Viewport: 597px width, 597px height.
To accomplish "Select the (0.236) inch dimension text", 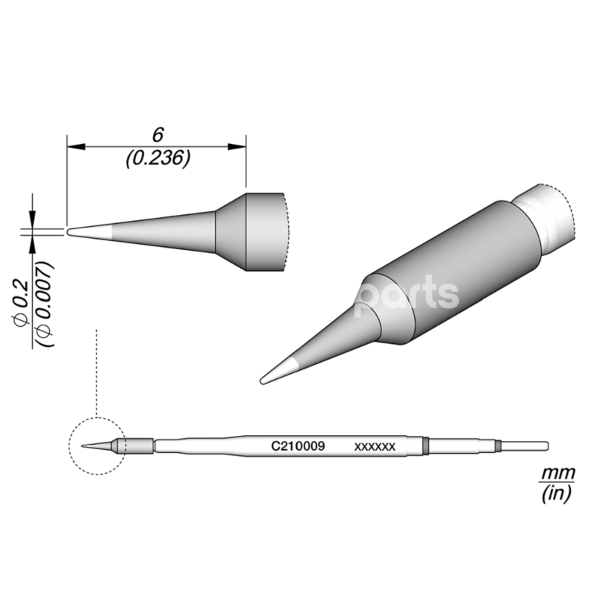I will (x=157, y=159).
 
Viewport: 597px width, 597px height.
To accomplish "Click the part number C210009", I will (x=297, y=446).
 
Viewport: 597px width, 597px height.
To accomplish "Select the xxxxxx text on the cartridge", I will (x=374, y=446).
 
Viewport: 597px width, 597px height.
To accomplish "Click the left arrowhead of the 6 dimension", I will (x=72, y=147).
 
